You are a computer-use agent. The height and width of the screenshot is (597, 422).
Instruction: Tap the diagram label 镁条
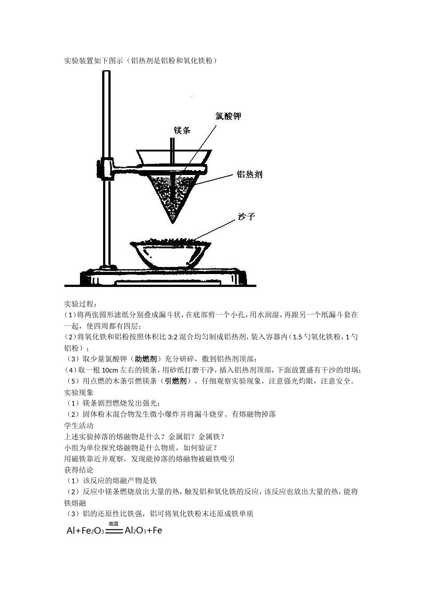click(182, 131)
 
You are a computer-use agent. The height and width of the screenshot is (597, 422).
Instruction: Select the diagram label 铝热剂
click(249, 175)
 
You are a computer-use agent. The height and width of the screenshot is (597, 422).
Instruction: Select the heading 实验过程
click(80, 304)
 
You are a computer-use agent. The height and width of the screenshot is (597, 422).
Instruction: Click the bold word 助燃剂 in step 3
click(146, 359)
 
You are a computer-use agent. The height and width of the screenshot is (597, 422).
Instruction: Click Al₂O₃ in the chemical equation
click(135, 530)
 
